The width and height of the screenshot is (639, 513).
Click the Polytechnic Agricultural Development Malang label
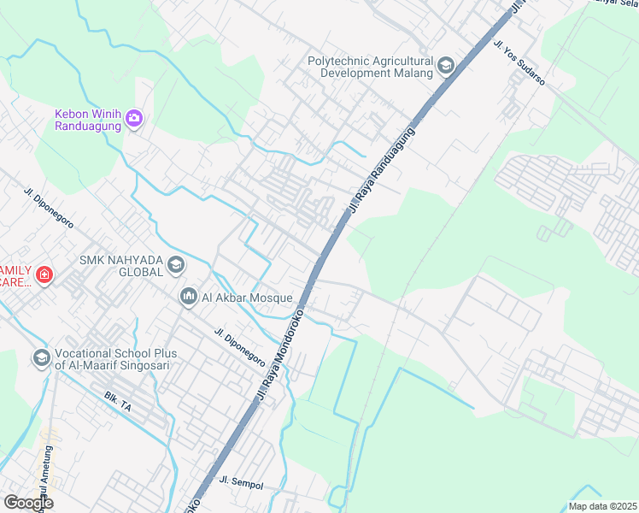point(371,67)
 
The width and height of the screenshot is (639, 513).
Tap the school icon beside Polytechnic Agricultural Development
point(445,66)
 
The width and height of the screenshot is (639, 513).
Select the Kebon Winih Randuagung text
point(88,120)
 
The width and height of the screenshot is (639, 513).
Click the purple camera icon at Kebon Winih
point(133,118)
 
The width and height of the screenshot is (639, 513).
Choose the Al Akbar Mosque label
point(247,298)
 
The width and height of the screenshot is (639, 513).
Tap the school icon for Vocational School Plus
point(40,358)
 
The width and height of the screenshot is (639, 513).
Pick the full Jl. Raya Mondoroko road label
point(283,351)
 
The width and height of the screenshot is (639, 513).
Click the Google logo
point(28,503)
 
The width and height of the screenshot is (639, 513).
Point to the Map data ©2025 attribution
point(602,506)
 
